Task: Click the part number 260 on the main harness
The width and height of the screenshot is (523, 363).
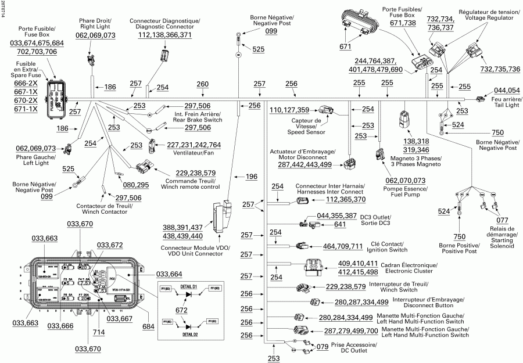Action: pyautogui.click(x=202, y=85)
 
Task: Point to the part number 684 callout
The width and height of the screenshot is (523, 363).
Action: pyautogui.click(x=149, y=326)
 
